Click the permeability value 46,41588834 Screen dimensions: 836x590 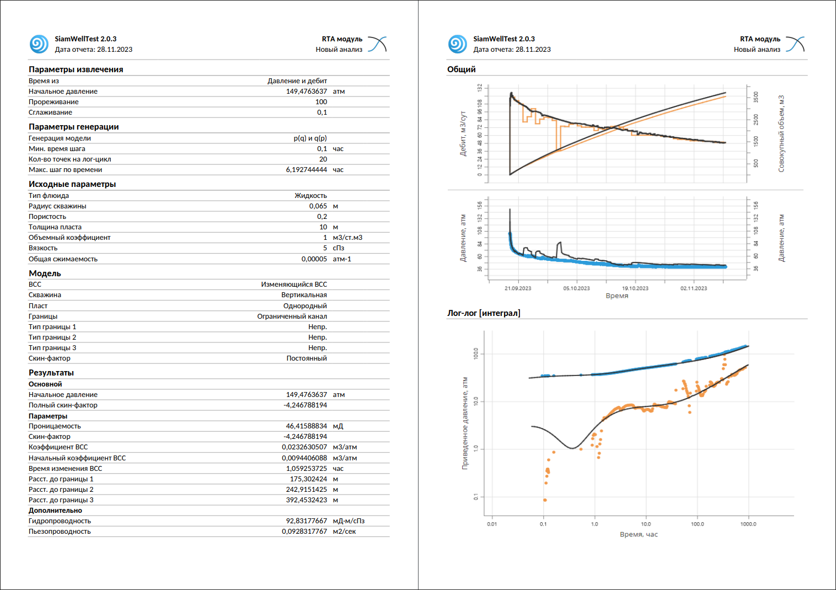pos(306,426)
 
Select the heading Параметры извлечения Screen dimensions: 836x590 pos(76,69)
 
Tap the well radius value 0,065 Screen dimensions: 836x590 pos(318,206)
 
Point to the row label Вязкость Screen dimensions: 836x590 pos(43,248)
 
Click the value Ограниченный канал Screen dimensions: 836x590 pos(292,317)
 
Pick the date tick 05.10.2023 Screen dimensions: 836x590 pos(576,288)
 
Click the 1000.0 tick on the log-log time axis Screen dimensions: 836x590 pos(748,524)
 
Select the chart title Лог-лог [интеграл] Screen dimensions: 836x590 pos(484,313)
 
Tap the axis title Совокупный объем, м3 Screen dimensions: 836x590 pos(781,133)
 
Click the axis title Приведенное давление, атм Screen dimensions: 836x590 pos(465,423)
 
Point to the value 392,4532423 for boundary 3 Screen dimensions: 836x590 pos(306,500)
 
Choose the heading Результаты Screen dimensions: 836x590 pos(51,372)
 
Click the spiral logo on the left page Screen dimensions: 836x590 pos(39,44)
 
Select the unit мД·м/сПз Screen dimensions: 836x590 pos(349,521)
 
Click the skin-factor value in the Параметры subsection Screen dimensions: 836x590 pos(306,436)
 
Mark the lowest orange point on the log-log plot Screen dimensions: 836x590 pos(545,500)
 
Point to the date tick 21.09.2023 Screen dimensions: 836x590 pos(518,288)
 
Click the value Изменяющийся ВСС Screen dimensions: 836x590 pos(294,285)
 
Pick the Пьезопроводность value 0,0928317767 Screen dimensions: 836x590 pos(304,532)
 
